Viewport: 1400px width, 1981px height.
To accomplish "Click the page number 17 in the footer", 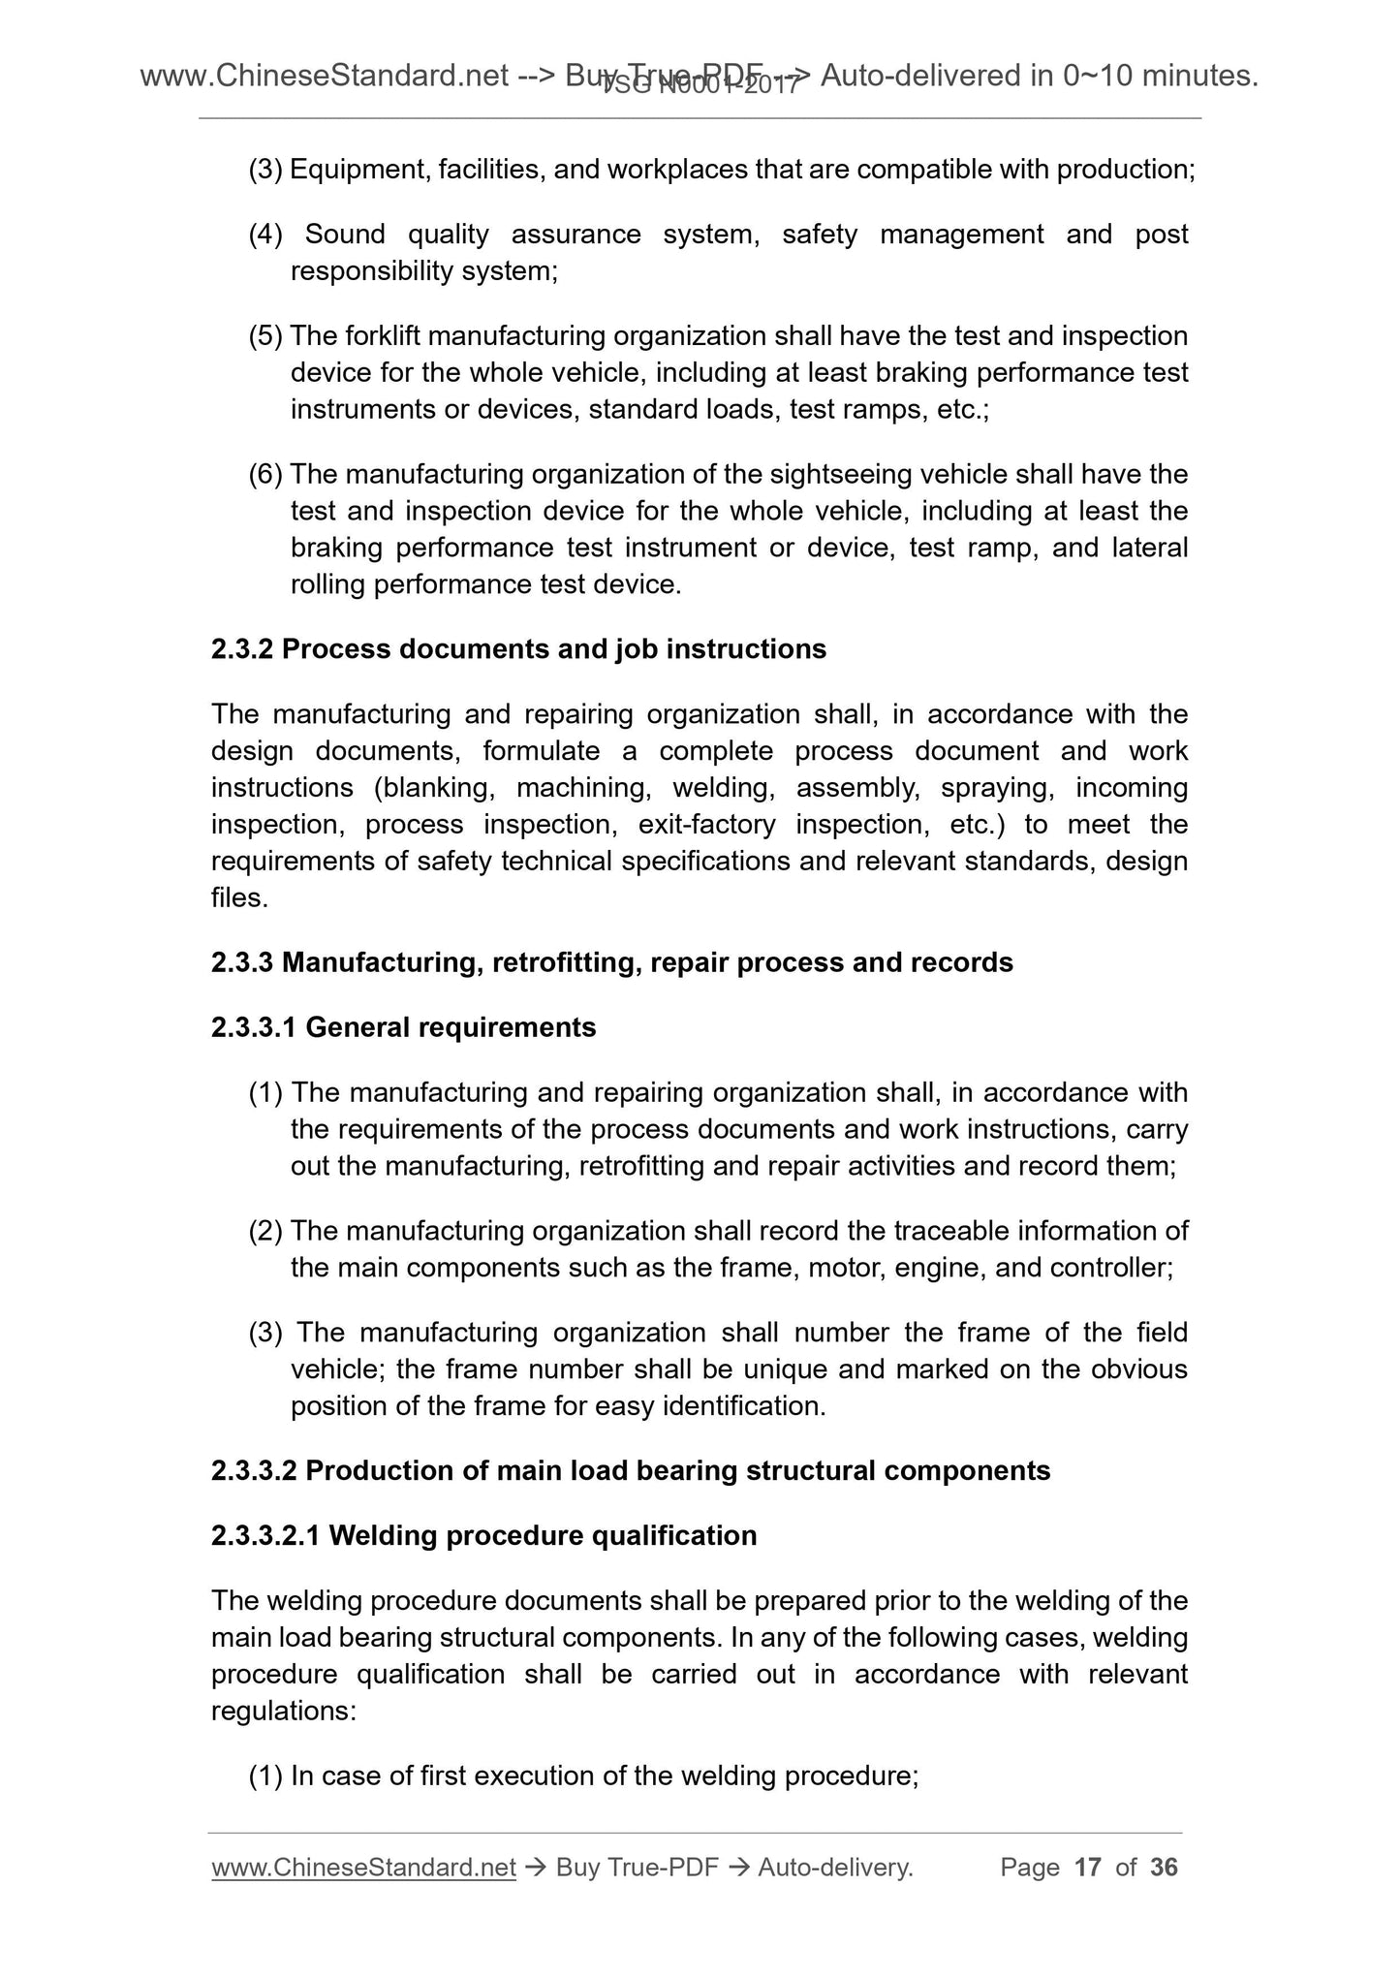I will coord(1088,1867).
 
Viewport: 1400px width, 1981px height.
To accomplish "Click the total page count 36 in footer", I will coord(1164,1867).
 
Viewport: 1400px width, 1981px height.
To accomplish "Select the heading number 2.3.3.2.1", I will coord(265,1535).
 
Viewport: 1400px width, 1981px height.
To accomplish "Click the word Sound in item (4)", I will coord(345,235).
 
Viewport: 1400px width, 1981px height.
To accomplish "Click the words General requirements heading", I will coord(451,1027).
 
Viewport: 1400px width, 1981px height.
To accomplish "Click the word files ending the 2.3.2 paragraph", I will coord(235,898).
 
